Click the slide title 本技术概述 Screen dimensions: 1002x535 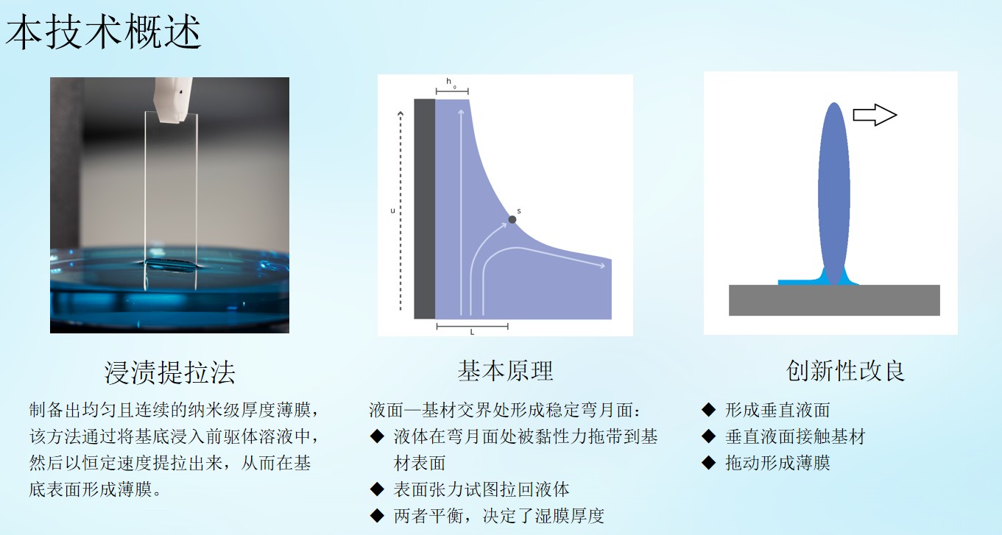(103, 32)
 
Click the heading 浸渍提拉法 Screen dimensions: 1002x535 (170, 372)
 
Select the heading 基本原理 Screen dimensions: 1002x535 (505, 371)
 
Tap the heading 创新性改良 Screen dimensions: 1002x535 (845, 371)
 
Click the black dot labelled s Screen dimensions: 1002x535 (512, 219)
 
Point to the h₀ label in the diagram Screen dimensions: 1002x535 (451, 82)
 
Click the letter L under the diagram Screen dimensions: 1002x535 (472, 332)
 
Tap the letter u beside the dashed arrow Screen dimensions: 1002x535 (392, 210)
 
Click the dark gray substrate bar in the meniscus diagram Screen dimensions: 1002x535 (425, 209)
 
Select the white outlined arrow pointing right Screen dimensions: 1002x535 (875, 115)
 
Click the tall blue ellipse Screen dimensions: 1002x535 (834, 194)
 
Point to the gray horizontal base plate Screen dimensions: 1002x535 (834, 300)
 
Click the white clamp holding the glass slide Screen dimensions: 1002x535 (173, 99)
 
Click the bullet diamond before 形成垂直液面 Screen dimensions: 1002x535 (708, 409)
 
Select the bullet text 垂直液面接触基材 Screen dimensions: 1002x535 (795, 436)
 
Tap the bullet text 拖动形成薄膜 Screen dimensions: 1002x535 (777, 463)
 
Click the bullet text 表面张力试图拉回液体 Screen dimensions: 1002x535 (481, 489)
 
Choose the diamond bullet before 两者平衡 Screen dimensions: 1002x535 (377, 515)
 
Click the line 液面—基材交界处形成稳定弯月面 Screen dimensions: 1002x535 (505, 410)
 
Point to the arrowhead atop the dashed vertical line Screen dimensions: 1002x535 (401, 113)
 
